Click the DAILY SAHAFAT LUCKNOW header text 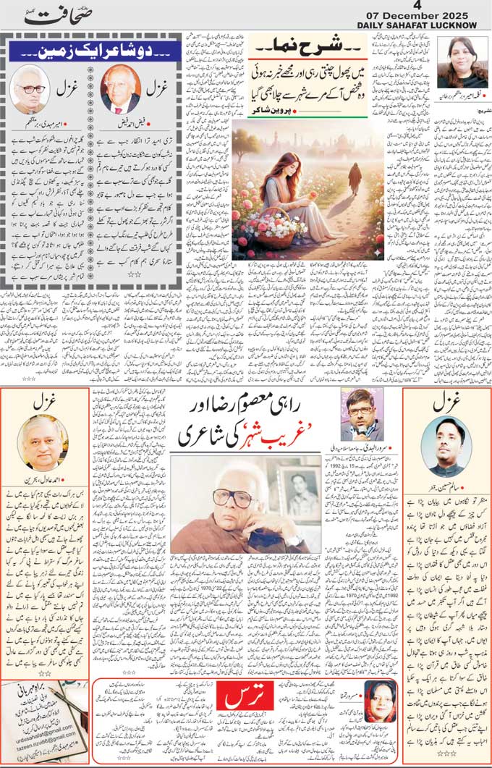click(x=423, y=27)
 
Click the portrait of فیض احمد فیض click(x=120, y=88)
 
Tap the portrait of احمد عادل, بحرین click(x=43, y=442)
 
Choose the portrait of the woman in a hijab click(x=378, y=702)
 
